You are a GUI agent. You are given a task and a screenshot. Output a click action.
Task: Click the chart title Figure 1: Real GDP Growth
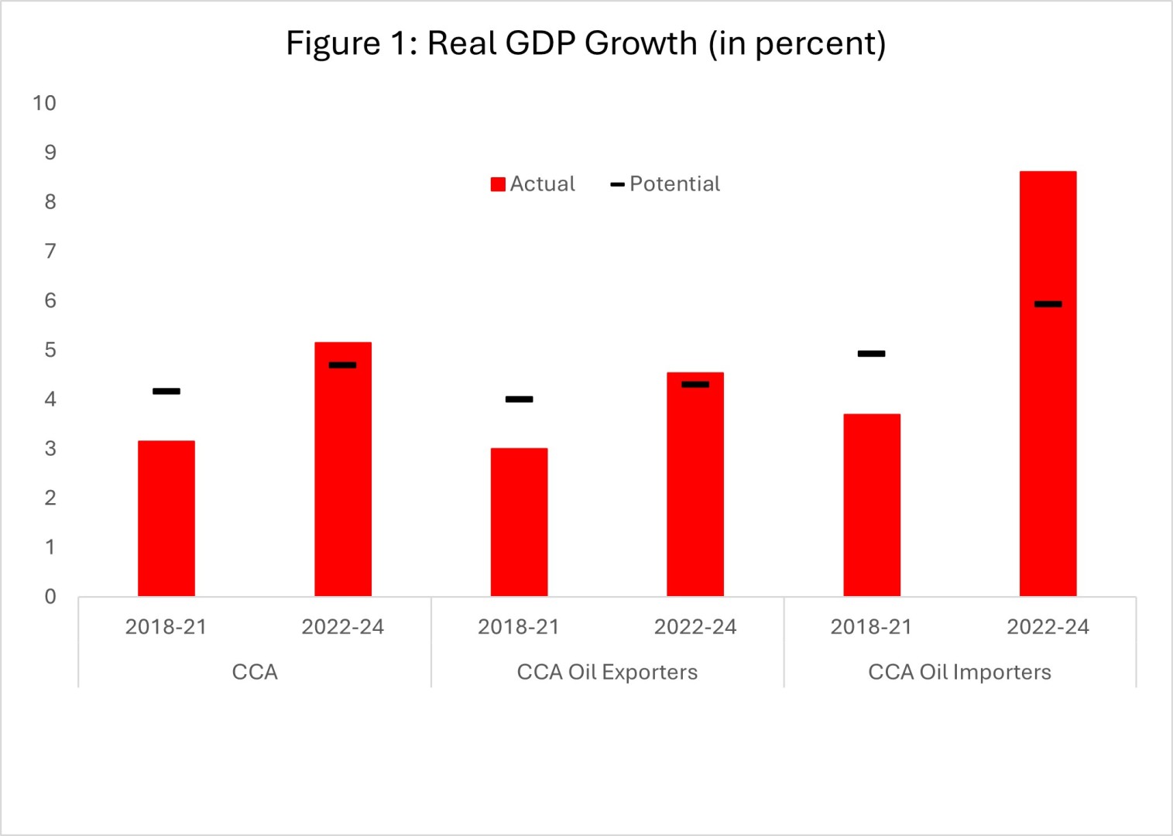(586, 43)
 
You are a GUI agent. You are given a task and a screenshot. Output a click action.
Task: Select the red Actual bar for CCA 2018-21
(166, 519)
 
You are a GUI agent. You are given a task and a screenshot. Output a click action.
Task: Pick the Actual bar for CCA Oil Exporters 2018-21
(519, 522)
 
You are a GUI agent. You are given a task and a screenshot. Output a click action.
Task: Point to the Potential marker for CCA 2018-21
(166, 391)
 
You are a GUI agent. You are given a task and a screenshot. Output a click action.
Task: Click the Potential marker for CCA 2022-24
(343, 365)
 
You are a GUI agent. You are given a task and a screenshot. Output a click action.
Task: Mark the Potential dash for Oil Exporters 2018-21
(519, 399)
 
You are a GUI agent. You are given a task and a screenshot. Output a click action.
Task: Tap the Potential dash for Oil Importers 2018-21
(872, 354)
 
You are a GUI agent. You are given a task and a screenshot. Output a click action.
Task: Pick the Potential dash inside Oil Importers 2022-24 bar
(1048, 304)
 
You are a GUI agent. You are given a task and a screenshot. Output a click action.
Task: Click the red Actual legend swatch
(498, 184)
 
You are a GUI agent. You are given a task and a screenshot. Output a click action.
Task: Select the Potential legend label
(674, 184)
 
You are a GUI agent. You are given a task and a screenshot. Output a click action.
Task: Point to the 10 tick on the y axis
(44, 103)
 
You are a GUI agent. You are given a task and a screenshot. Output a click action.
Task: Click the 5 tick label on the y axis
(50, 350)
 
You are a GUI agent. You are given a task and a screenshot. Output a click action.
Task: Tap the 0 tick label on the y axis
(50, 597)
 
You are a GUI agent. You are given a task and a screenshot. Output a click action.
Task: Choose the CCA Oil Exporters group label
(607, 672)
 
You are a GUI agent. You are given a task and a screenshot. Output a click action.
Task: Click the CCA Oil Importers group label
(959, 672)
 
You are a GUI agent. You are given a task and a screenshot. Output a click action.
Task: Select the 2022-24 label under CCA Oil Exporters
(695, 627)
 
